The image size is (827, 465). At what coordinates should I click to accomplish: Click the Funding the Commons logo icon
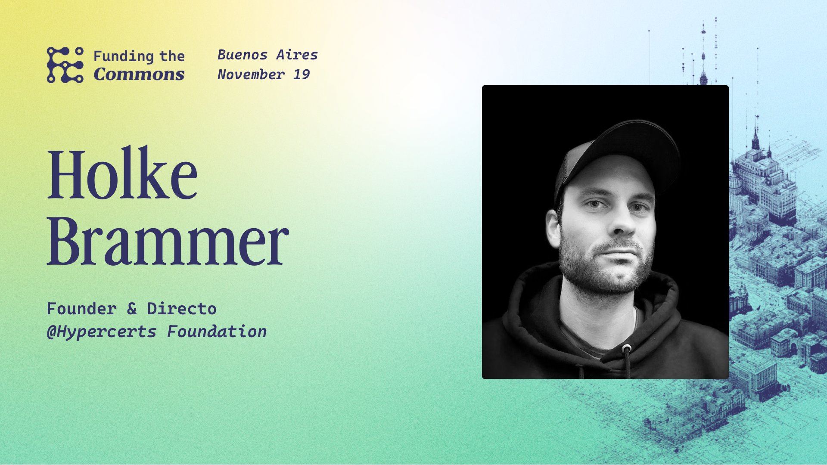(65, 65)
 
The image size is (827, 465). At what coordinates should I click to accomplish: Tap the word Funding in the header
(123, 56)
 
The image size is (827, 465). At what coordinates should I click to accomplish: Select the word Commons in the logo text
(139, 74)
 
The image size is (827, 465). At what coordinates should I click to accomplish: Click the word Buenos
(242, 55)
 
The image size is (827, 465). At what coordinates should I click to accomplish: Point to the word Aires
(297, 55)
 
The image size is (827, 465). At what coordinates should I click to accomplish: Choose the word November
(251, 74)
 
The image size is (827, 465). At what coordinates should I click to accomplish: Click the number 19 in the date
(302, 74)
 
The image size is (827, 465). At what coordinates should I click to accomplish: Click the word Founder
(81, 309)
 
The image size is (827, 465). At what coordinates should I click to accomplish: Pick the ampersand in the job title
(132, 309)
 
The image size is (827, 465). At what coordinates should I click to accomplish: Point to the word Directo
(181, 309)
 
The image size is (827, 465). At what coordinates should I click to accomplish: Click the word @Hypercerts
(102, 332)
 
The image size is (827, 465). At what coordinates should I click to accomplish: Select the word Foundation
(217, 332)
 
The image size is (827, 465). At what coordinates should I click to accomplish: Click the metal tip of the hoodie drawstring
(627, 348)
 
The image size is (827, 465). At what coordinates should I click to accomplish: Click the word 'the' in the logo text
(172, 56)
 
